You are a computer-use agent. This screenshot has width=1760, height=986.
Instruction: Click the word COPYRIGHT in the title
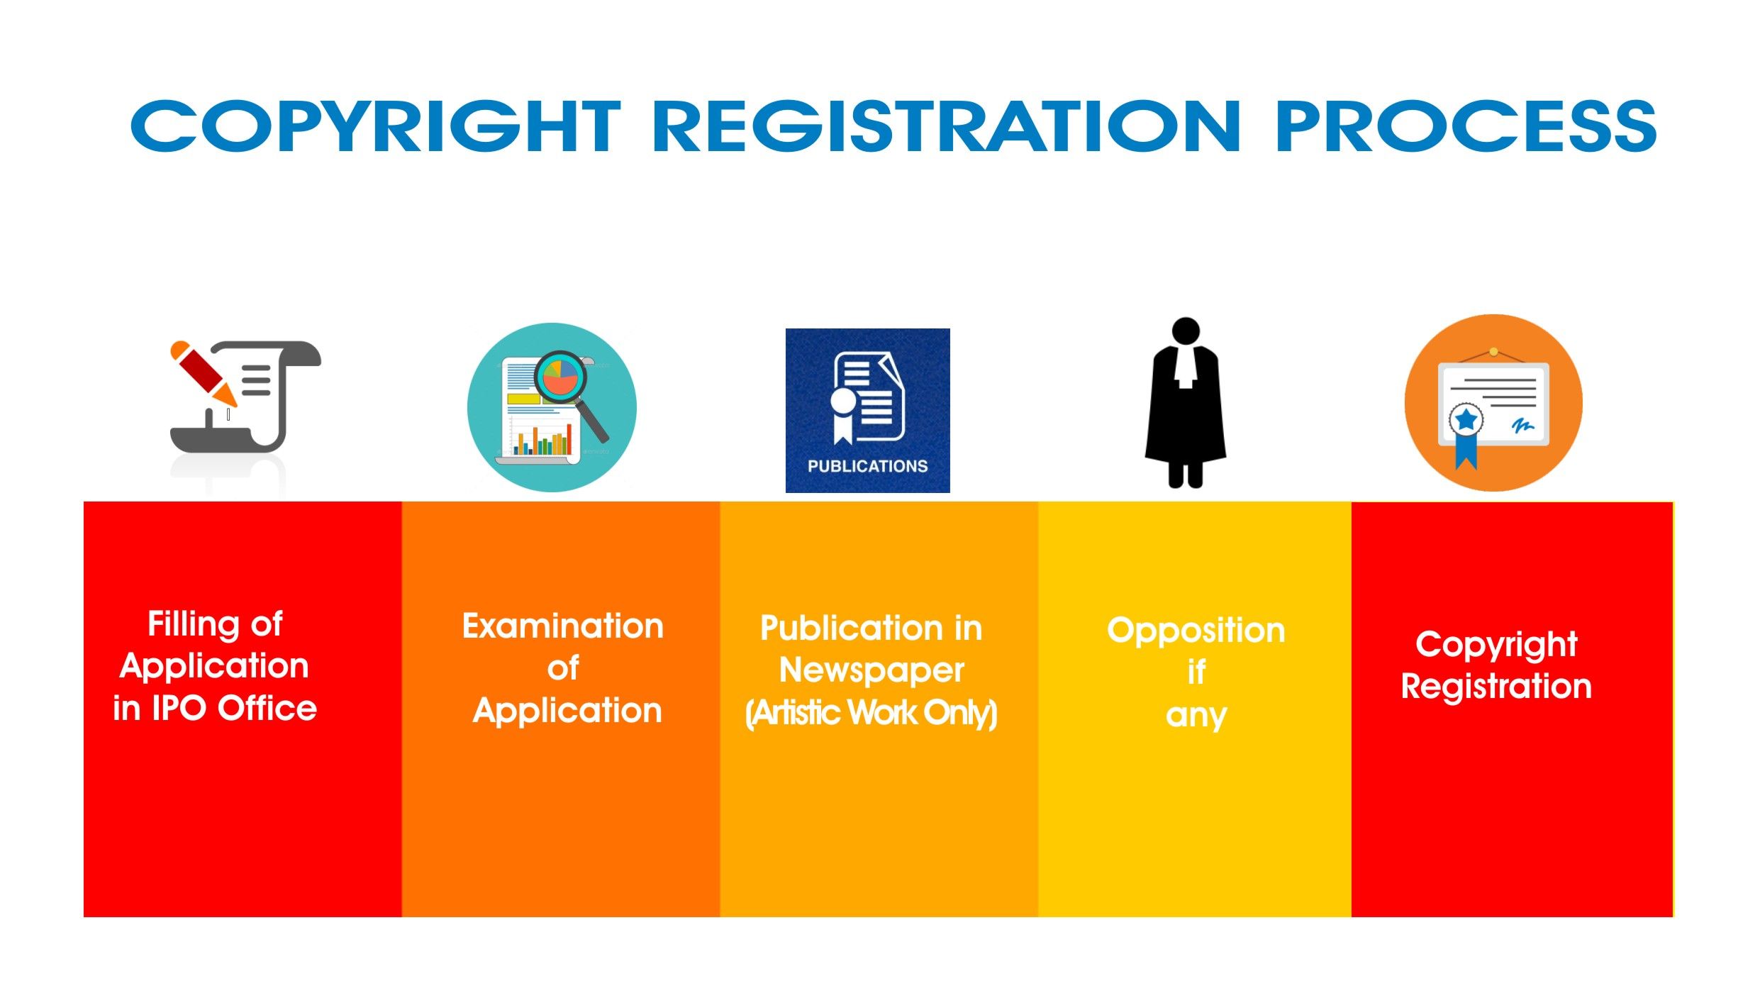(376, 126)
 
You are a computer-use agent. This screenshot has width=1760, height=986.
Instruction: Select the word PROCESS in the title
(1466, 126)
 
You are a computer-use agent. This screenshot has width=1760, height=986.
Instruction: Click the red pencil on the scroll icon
(203, 372)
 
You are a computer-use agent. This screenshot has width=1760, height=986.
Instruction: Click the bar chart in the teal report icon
(542, 438)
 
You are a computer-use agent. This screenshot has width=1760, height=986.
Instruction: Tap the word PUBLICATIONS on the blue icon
(868, 466)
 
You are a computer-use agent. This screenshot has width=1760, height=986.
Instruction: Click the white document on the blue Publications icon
(869, 397)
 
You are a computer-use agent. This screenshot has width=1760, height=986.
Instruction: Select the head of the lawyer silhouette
(1186, 331)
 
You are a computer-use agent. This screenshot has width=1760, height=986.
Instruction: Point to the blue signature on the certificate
(1522, 426)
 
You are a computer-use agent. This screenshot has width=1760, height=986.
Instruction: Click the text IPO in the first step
(179, 708)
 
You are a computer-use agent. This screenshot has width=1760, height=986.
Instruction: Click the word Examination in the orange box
(563, 626)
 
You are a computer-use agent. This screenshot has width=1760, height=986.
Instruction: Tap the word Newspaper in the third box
(871, 671)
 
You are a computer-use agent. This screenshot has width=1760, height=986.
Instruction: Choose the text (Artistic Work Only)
(871, 713)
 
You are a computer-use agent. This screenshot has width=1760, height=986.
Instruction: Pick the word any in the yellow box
(1196, 716)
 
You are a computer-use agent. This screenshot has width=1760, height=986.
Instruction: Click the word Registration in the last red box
(1496, 687)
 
